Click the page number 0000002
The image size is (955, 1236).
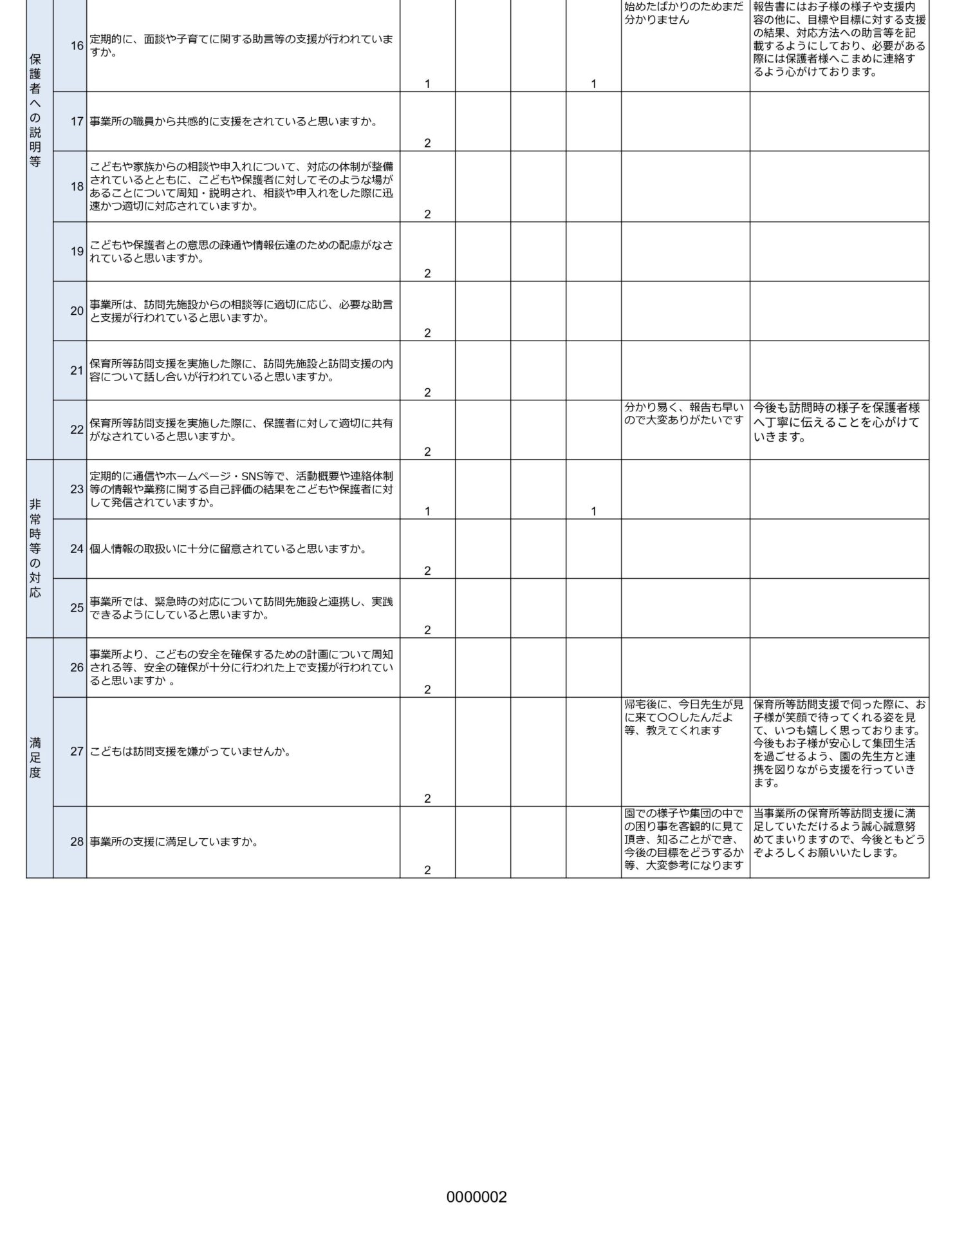tap(476, 1197)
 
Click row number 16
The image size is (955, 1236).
tap(77, 46)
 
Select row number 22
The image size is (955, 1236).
tap(77, 430)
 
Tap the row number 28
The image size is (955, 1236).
tap(77, 841)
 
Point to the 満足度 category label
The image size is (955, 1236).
tap(35, 758)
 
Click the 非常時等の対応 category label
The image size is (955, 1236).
tap(35, 548)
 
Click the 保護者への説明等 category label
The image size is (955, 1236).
tap(35, 110)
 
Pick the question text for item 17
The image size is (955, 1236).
tap(233, 122)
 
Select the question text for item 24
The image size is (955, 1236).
tap(228, 549)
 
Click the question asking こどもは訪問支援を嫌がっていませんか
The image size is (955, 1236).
tap(190, 751)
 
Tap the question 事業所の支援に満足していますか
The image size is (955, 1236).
tap(174, 841)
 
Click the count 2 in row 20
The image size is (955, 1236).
tap(427, 333)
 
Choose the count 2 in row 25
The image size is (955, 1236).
tap(427, 630)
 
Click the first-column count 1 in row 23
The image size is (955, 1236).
tap(427, 511)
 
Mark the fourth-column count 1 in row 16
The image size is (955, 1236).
tap(593, 84)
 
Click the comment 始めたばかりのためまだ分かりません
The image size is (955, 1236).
tap(683, 13)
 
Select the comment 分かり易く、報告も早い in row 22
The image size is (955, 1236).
tap(683, 414)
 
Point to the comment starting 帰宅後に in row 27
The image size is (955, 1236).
tap(683, 717)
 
